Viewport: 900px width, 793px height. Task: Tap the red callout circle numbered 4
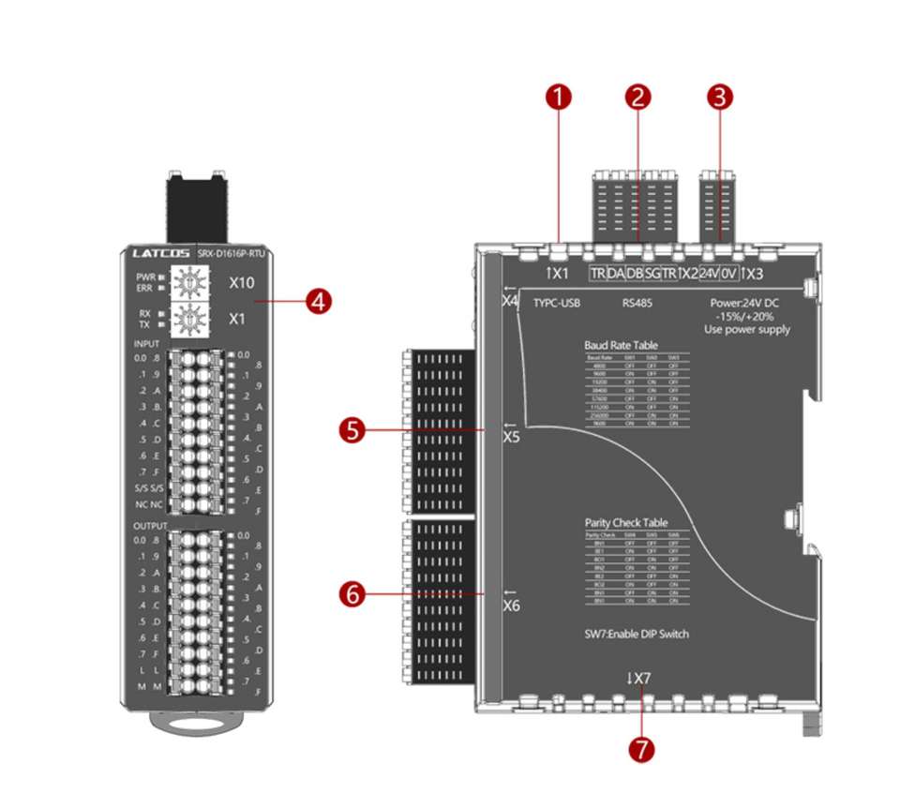(320, 302)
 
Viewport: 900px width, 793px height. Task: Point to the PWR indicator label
(143, 277)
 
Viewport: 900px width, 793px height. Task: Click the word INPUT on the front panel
(147, 344)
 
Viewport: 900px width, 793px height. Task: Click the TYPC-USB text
(557, 304)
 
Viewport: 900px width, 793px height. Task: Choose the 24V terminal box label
(710, 273)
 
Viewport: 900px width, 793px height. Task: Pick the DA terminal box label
(616, 273)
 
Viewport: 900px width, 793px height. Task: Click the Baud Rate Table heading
(622, 345)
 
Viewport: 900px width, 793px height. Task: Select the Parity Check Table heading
(626, 522)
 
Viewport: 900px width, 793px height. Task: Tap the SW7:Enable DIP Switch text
(636, 634)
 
